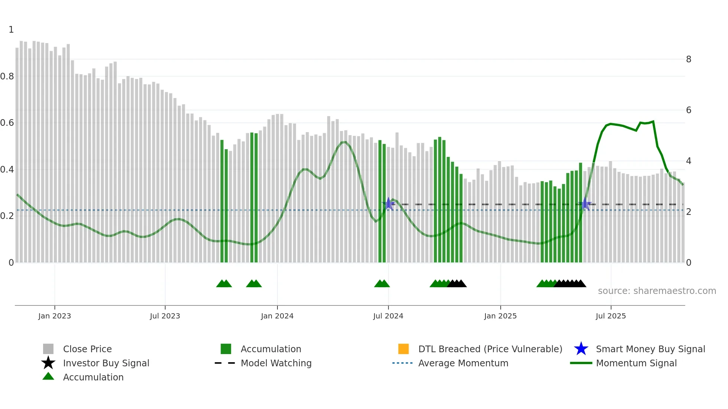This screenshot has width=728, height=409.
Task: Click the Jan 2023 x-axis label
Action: coord(54,316)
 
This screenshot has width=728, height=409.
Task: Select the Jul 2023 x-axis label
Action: coord(165,316)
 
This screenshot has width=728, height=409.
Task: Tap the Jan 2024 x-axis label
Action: coord(277,316)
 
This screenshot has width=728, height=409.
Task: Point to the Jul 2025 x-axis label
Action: coord(611,316)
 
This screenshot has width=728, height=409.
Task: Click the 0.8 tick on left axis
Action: coord(7,76)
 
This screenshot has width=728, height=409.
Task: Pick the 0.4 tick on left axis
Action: coord(7,170)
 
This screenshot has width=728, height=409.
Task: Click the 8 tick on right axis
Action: coord(689,59)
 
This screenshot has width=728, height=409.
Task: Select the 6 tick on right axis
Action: coord(689,110)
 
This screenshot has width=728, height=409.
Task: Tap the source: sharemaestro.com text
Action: coord(657,291)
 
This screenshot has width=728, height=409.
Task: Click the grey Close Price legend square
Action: coord(48,349)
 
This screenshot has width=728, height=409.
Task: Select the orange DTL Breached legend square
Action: coord(403,349)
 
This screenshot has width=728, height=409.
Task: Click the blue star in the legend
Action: coord(581,349)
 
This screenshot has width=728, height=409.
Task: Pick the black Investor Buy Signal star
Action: coord(48,363)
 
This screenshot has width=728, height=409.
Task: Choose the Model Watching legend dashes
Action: coord(225,363)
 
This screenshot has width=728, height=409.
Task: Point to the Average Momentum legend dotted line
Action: coord(402,363)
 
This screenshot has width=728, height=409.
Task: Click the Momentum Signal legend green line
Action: coord(581,363)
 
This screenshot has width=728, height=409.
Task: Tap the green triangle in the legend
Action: coord(48,377)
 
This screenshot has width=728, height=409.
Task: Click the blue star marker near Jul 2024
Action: coord(388,204)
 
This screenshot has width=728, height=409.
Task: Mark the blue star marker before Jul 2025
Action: coord(585,204)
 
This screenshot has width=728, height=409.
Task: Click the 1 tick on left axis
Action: coord(11,30)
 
